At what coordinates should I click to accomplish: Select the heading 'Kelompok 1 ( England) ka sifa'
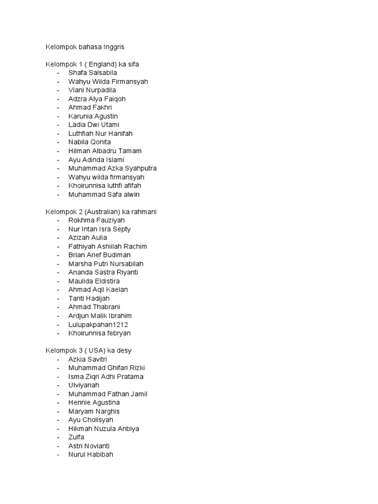[95, 64]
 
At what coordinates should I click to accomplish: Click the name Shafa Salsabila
[93, 73]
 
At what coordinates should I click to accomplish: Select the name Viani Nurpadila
[92, 90]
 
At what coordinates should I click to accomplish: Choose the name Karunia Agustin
[93, 116]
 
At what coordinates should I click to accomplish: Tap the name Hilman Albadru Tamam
[105, 151]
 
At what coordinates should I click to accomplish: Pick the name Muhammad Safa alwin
[104, 194]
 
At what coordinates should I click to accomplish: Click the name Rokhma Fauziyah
[96, 220]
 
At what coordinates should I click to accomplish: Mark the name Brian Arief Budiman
[99, 255]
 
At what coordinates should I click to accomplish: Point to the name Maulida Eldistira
[94, 281]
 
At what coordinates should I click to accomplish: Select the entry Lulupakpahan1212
[98, 324]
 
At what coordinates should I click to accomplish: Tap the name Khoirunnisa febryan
[99, 333]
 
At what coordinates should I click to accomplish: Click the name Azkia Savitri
[88, 359]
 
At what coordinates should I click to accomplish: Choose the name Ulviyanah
[84, 385]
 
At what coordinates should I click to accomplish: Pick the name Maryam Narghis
[94, 411]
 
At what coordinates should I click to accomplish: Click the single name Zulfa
[76, 437]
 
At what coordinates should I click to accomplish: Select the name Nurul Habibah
[91, 454]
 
